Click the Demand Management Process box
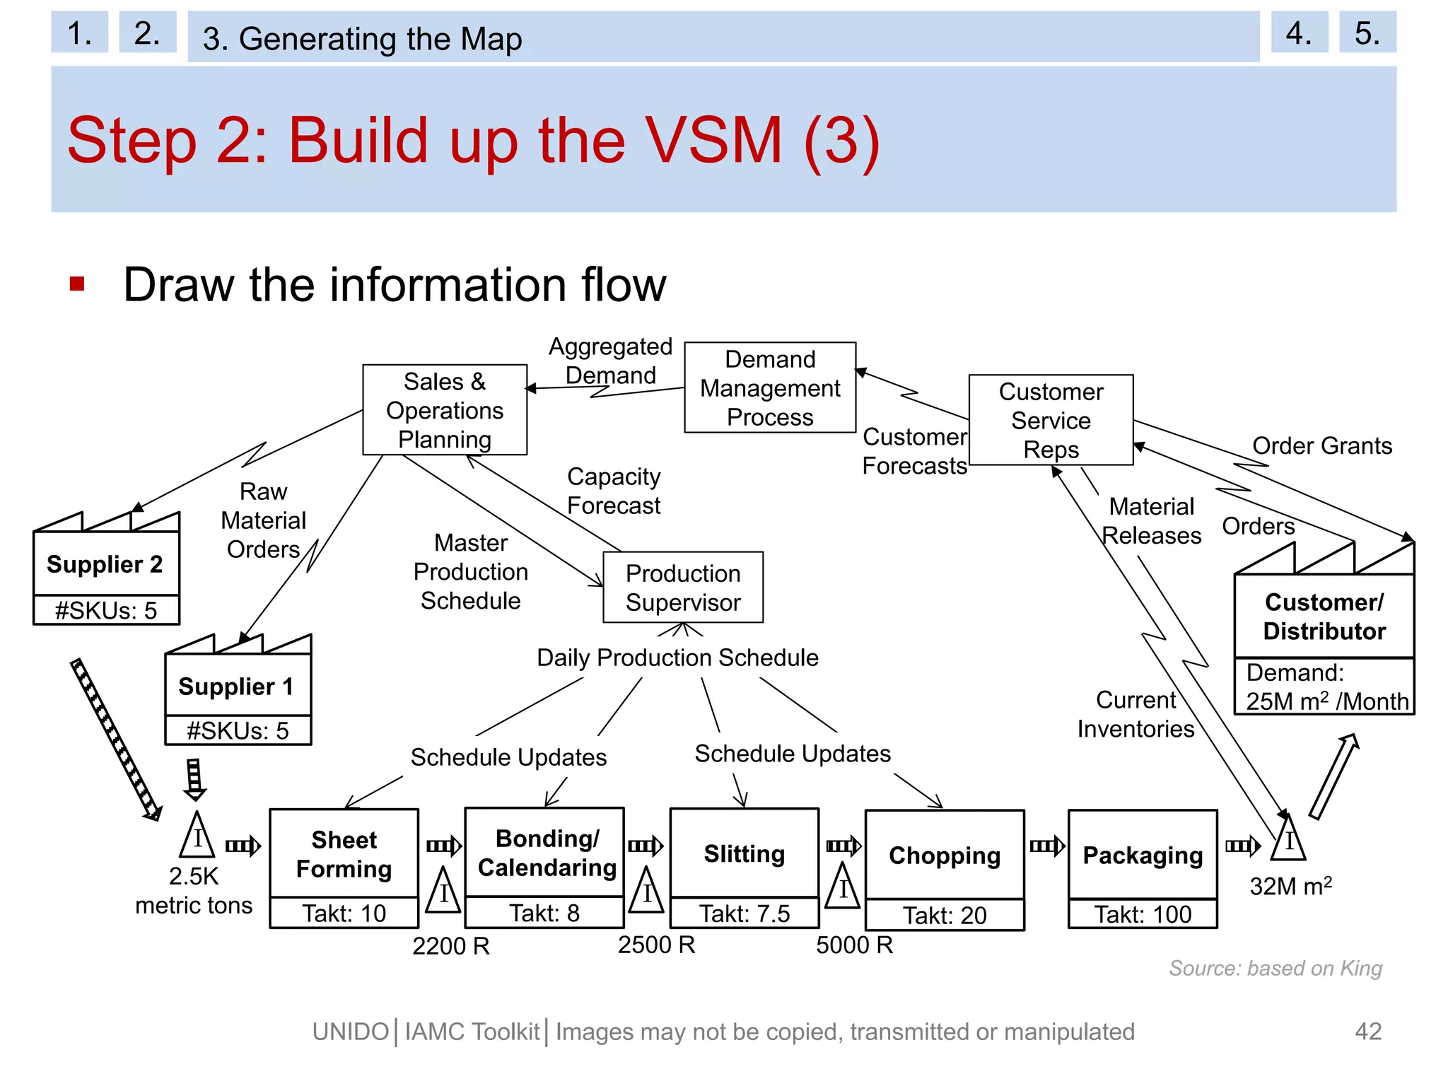[x=769, y=387]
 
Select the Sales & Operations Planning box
[x=444, y=410]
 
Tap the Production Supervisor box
[x=682, y=588]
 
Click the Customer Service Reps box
[x=1051, y=420]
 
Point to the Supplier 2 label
[x=105, y=564]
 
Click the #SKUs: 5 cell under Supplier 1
[x=238, y=730]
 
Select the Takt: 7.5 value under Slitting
[x=745, y=913]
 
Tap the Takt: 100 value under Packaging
[x=1143, y=914]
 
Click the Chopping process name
[x=945, y=856]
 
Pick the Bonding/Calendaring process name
[x=547, y=853]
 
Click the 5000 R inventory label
[x=854, y=945]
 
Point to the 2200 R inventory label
[x=451, y=946]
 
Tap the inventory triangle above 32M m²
[x=1288, y=840]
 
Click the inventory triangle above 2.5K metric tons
[x=197, y=837]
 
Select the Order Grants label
[x=1321, y=446]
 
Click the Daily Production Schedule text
[x=677, y=658]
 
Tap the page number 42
[x=1368, y=1032]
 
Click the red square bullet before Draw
[x=77, y=284]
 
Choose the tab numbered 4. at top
[x=1299, y=33]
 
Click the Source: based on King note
[x=1275, y=968]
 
